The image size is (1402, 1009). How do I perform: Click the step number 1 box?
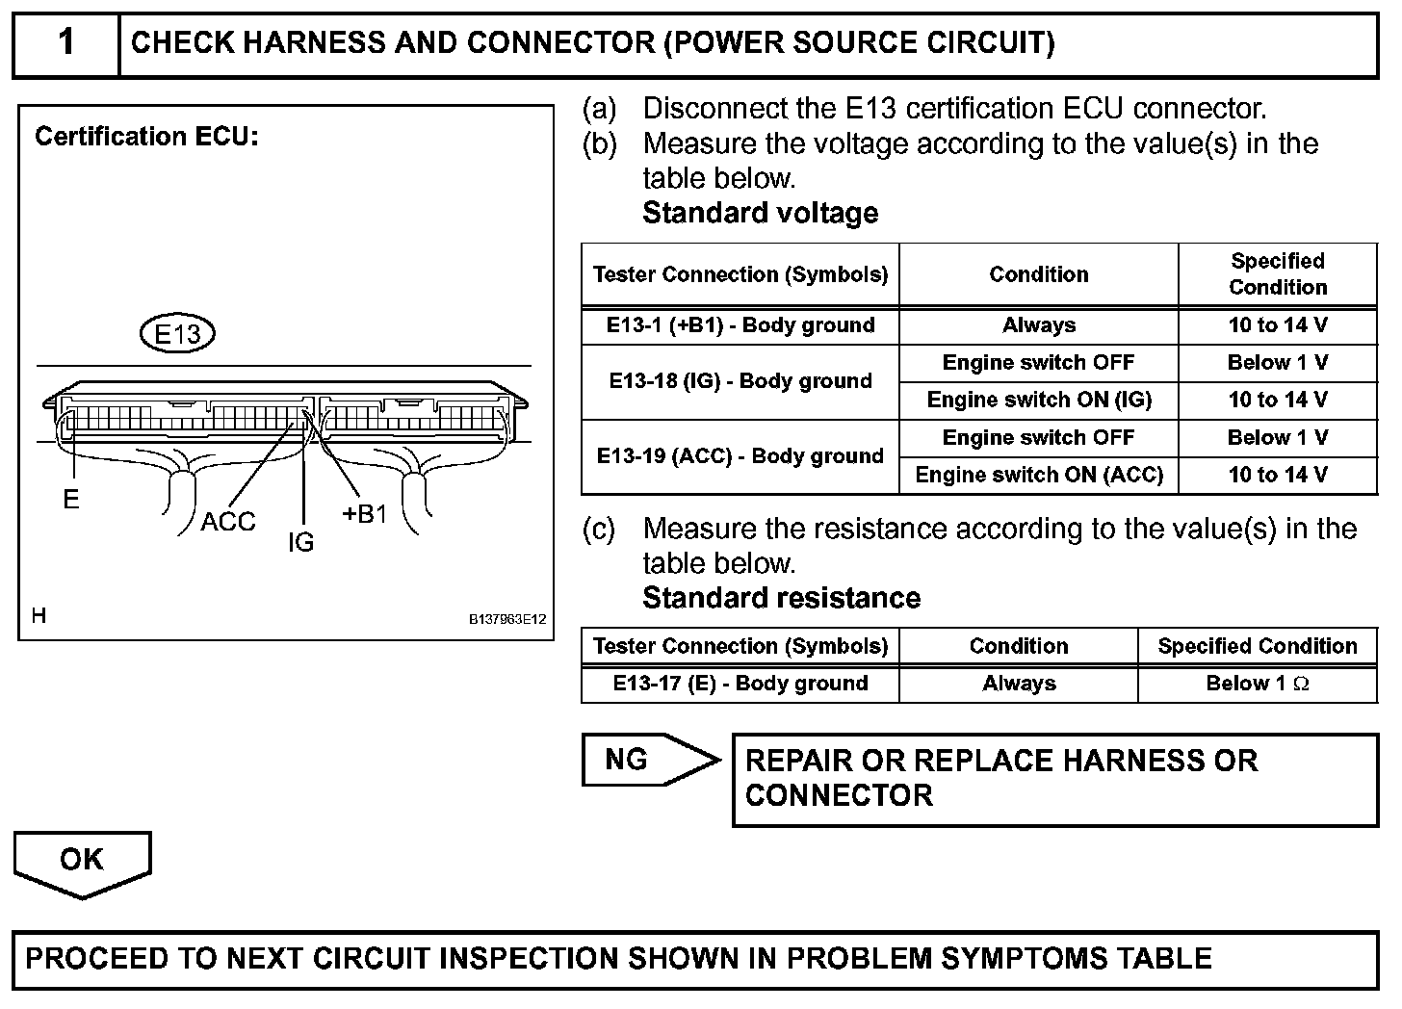(x=65, y=43)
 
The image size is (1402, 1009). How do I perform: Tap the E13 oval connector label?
(x=177, y=334)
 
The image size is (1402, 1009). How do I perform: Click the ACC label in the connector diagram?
(x=228, y=522)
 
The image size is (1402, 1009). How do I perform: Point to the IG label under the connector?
(x=300, y=543)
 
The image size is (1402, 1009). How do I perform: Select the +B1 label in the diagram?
(x=365, y=514)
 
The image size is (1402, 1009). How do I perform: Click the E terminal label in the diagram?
(x=70, y=500)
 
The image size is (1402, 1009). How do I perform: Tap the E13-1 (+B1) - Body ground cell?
(x=740, y=325)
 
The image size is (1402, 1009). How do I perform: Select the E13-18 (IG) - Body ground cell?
(x=740, y=381)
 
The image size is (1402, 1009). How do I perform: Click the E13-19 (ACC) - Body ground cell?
(x=740, y=456)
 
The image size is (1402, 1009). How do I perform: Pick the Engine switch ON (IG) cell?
(x=1038, y=400)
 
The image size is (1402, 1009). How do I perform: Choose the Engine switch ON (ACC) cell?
(x=1038, y=475)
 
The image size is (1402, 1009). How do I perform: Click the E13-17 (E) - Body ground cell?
(x=740, y=684)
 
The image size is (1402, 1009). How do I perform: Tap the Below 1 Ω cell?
(x=1257, y=684)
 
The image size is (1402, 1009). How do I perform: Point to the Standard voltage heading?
(x=760, y=213)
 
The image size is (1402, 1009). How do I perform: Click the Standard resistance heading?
(x=781, y=598)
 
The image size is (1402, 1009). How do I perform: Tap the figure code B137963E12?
(x=506, y=619)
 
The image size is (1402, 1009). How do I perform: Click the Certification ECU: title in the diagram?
(x=146, y=137)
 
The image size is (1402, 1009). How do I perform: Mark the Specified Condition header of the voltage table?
(x=1277, y=274)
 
